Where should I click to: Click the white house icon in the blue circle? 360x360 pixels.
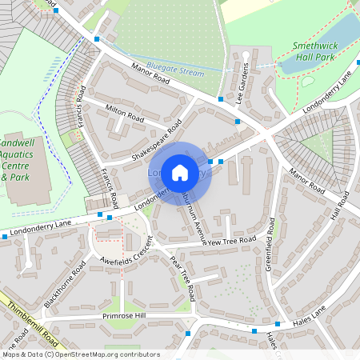(180, 171)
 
